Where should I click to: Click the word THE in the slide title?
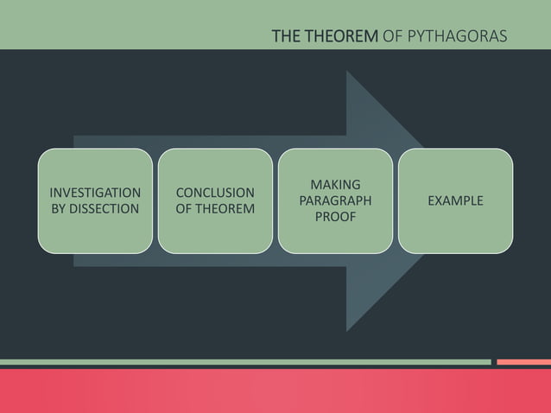pyautogui.click(x=287, y=36)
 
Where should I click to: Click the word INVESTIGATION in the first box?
pyautogui.click(x=95, y=193)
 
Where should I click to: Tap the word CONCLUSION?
pyautogui.click(x=215, y=193)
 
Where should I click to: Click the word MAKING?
pyautogui.click(x=335, y=185)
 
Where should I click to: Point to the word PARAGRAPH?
pyautogui.click(x=335, y=200)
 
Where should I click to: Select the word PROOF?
pyautogui.click(x=335, y=217)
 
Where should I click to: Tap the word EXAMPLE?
pyautogui.click(x=455, y=200)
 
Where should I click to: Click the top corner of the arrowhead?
pyautogui.click(x=348, y=72)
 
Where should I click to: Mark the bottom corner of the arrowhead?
pyautogui.click(x=348, y=330)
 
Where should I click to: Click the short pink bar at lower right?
pyautogui.click(x=523, y=362)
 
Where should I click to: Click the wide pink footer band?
pyautogui.click(x=275, y=391)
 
